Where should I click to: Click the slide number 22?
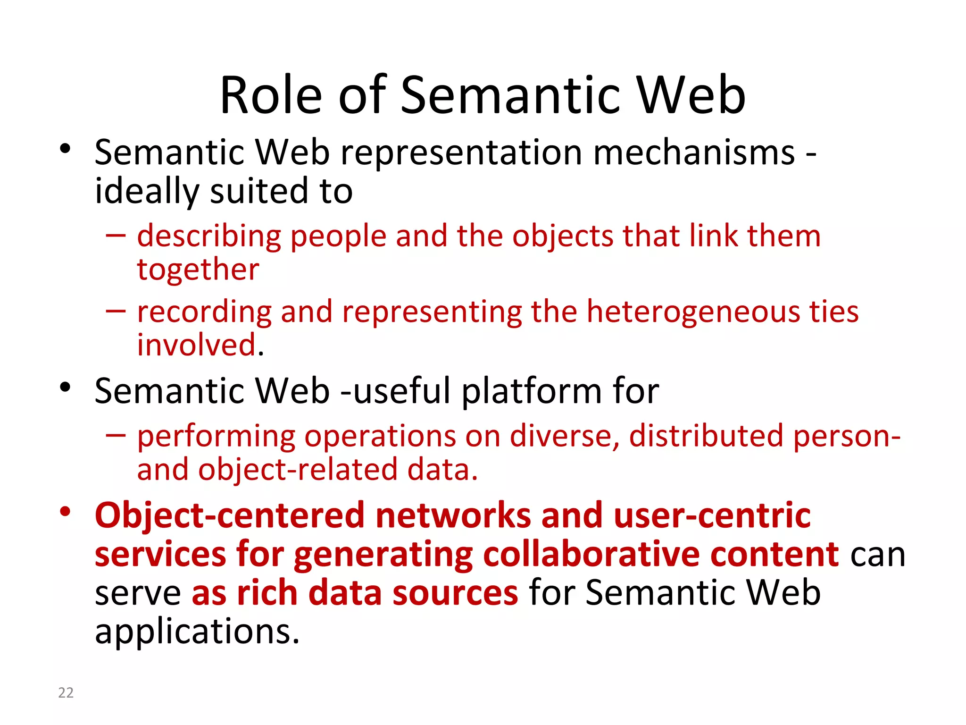66,692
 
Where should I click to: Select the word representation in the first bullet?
461,153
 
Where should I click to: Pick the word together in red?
198,270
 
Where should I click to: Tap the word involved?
197,345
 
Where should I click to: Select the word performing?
216,436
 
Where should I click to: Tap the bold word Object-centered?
230,515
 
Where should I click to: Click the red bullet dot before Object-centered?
65,512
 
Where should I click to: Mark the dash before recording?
116,311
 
